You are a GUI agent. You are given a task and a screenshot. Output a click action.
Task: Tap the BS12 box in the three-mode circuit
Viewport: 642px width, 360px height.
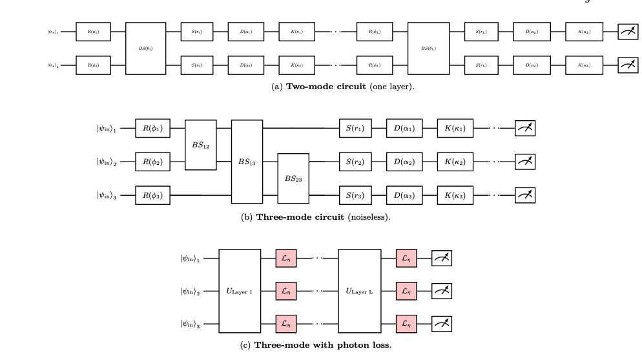tap(200, 144)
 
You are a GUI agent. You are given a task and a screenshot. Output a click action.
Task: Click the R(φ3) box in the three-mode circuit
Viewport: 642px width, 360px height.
tap(152, 195)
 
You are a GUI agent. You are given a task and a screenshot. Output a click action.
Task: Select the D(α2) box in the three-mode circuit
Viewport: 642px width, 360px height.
tap(404, 162)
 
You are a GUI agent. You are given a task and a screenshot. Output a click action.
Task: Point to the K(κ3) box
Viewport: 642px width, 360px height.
tap(455, 195)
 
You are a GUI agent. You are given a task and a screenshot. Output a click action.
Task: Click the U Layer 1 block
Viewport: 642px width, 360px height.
tap(240, 291)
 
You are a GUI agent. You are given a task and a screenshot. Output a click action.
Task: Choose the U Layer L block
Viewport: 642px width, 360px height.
tap(360, 291)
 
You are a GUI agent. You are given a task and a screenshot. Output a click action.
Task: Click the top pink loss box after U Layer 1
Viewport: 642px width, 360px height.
tap(285, 259)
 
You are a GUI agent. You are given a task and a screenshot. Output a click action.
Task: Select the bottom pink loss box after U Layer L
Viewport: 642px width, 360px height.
tap(406, 324)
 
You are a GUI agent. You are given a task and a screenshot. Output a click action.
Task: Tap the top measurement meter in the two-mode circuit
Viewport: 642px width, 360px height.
tap(626, 31)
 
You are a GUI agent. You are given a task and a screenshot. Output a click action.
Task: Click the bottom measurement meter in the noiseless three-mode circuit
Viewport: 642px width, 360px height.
tap(524, 195)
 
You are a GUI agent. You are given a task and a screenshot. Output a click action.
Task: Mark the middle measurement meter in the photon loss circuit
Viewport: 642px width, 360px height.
tap(442, 291)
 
